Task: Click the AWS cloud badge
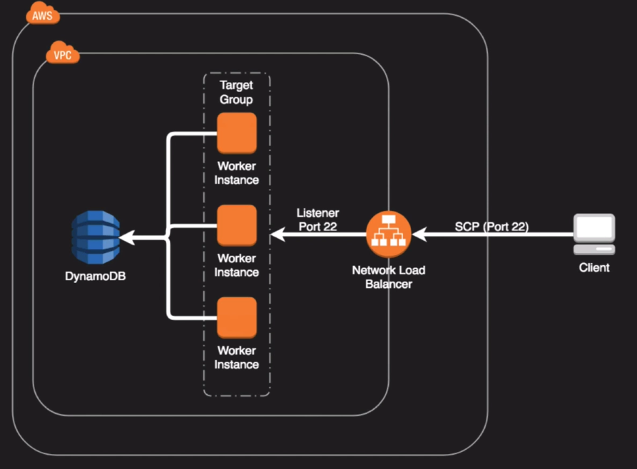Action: tap(42, 14)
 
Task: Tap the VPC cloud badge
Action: tap(62, 54)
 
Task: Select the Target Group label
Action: tap(236, 92)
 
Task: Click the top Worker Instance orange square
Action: tap(237, 133)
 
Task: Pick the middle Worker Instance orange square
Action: tap(237, 225)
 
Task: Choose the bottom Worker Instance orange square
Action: tap(237, 318)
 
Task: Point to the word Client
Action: tap(594, 268)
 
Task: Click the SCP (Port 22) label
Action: tap(491, 227)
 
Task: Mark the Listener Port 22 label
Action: tap(317, 220)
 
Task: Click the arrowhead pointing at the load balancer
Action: tap(417, 234)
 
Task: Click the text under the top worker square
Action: tap(237, 173)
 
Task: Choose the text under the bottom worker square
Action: tap(237, 358)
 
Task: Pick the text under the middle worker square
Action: tap(237, 265)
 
